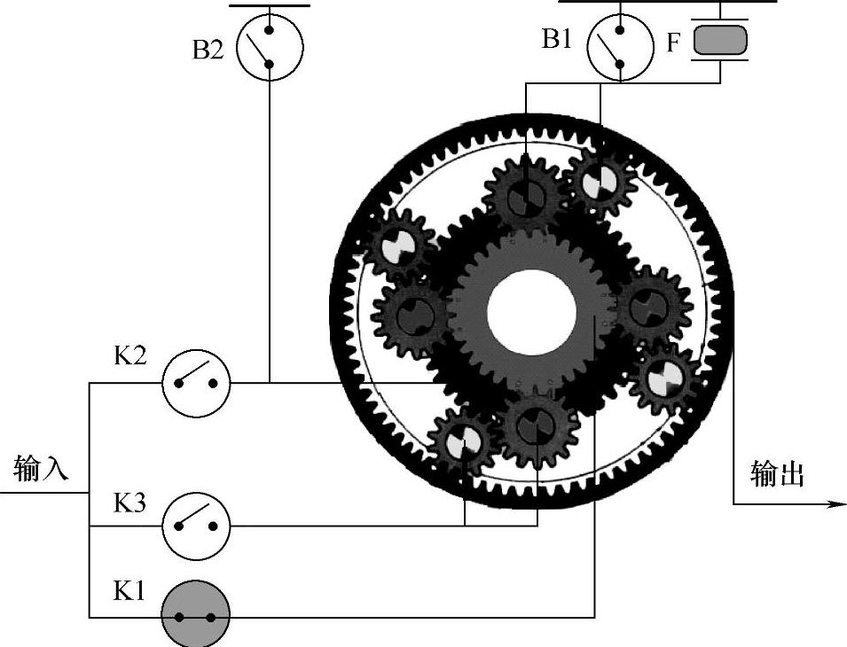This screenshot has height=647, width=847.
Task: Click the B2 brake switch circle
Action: coord(270,49)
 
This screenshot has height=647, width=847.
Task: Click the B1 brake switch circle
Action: coord(620,48)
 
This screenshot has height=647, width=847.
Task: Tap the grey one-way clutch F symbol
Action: coord(720,41)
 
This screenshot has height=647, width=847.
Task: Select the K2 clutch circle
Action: coord(195,383)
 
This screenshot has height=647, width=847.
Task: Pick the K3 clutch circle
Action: coord(195,525)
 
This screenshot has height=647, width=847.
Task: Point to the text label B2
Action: coord(208,50)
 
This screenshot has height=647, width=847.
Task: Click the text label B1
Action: coord(557,41)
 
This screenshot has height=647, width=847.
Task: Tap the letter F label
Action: coord(674,42)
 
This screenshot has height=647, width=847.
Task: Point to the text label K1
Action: coord(129,590)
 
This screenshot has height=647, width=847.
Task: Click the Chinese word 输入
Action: coord(41,467)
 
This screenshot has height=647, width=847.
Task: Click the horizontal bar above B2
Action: coord(270,5)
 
